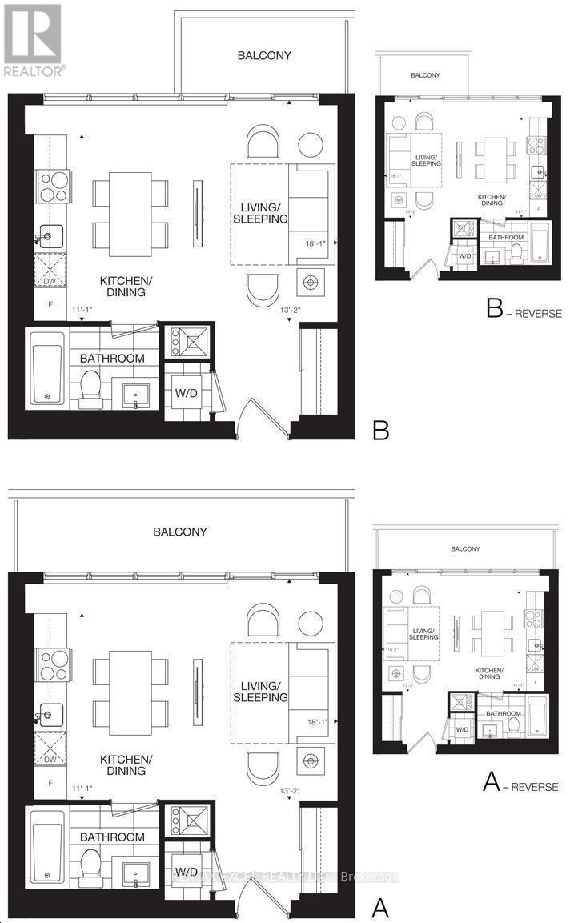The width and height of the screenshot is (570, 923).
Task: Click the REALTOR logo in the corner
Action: pos(33,40)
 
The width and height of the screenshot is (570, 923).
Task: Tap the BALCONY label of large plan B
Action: pos(263,55)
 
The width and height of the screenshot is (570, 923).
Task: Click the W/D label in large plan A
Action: pos(187,870)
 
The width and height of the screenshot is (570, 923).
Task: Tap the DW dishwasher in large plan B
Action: pos(49,271)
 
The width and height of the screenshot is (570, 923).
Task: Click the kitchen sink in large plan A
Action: pos(50,710)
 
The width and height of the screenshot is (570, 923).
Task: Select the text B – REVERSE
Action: pos(524,311)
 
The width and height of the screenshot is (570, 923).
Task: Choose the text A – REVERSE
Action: pos(520,785)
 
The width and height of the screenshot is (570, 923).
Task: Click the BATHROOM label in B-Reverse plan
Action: pos(506,238)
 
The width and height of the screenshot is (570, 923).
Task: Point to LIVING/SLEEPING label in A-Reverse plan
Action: pos(424,633)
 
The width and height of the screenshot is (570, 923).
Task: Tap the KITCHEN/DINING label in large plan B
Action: pos(122,287)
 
